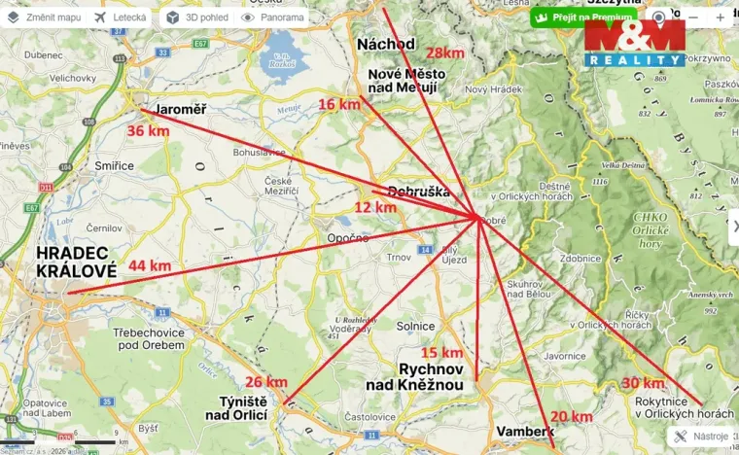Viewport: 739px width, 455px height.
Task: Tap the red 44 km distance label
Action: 149,265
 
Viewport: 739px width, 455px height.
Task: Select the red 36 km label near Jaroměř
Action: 148,130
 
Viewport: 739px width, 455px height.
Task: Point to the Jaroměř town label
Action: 180,109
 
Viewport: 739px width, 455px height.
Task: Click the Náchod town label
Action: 386,44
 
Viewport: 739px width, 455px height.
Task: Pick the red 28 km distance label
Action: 444,52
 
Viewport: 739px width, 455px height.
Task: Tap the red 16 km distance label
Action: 339,104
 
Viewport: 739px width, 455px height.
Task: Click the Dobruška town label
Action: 418,192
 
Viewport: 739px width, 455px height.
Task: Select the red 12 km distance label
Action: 375,207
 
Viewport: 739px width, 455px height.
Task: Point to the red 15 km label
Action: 440,353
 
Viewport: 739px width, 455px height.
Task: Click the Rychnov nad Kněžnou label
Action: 437,376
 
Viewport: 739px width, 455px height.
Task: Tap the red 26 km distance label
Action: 266,382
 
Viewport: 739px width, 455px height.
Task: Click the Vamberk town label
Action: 524,431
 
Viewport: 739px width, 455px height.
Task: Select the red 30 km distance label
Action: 643,382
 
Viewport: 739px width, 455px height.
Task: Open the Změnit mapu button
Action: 44,17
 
